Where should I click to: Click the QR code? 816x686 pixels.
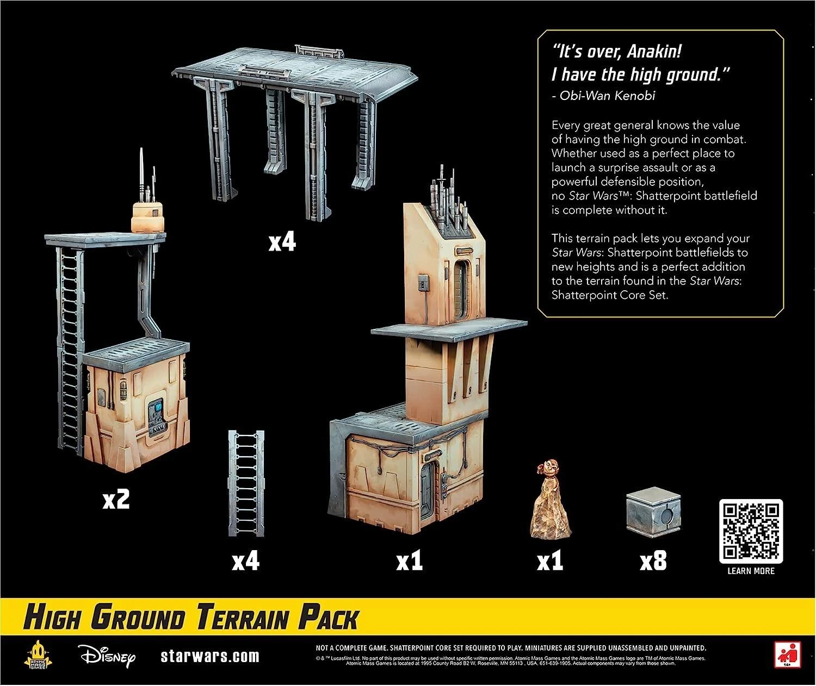750,531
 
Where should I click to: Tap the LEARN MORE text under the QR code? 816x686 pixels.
751,571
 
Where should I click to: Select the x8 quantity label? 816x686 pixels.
653,562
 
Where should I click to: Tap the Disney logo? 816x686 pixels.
106,656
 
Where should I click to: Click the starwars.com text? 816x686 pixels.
210,656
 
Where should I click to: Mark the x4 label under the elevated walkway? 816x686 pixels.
282,242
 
